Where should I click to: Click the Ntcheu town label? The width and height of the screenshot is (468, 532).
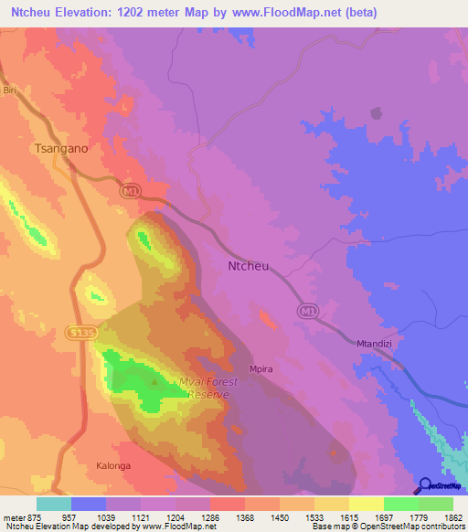tap(249, 266)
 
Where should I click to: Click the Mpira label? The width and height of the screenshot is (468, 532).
tap(261, 368)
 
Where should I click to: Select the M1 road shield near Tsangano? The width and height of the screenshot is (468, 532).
tap(130, 189)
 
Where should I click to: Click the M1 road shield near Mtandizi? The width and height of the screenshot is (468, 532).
tap(308, 313)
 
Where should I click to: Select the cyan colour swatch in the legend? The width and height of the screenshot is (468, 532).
tap(54, 504)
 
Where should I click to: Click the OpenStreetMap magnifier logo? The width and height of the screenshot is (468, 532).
tap(423, 485)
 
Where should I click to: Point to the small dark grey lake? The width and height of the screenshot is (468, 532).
tap(375, 113)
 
